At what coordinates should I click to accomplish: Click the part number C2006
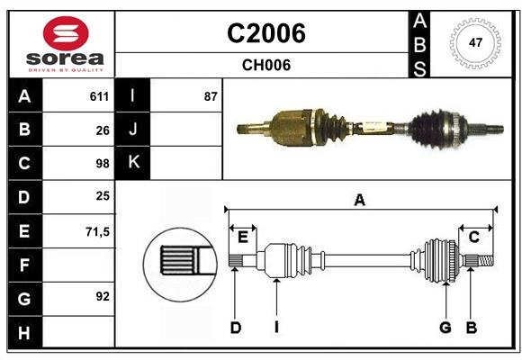[x=265, y=33]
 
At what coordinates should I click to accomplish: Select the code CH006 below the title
[x=265, y=65]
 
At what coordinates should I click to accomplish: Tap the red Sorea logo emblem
[x=66, y=33]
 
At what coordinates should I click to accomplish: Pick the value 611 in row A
[x=99, y=96]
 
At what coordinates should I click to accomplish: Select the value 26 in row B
[x=102, y=130]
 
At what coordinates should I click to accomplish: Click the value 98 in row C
[x=102, y=164]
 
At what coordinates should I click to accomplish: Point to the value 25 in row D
[x=102, y=197]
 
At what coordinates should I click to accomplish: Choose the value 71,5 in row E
[x=97, y=231]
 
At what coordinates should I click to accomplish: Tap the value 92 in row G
[x=102, y=296]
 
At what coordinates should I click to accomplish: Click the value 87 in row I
[x=211, y=96]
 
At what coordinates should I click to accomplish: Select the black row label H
[x=24, y=332]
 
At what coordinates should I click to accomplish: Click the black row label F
[x=24, y=265]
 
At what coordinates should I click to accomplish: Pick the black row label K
[x=133, y=163]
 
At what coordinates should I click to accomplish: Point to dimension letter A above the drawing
[x=360, y=200]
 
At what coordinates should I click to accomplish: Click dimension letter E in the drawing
[x=243, y=237]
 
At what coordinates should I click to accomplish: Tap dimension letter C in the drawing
[x=473, y=237]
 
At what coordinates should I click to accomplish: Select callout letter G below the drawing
[x=445, y=328]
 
